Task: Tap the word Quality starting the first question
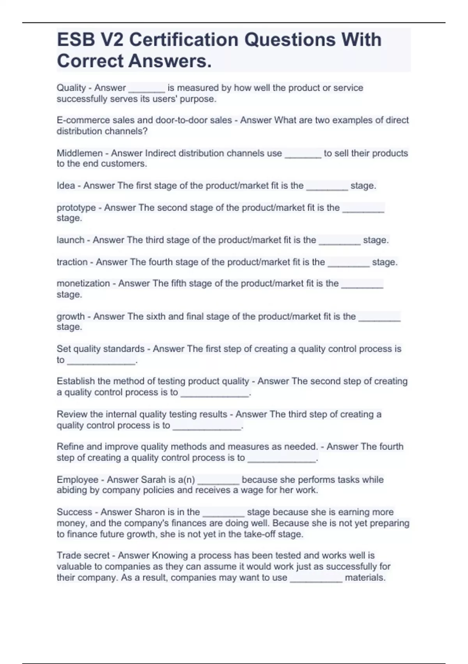(71, 88)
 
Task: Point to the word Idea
(66, 186)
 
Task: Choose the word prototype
(76, 208)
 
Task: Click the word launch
(70, 240)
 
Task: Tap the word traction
(72, 262)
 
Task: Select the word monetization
(83, 284)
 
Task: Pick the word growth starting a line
(71, 316)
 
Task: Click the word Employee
(77, 480)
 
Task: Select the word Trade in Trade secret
(68, 555)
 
